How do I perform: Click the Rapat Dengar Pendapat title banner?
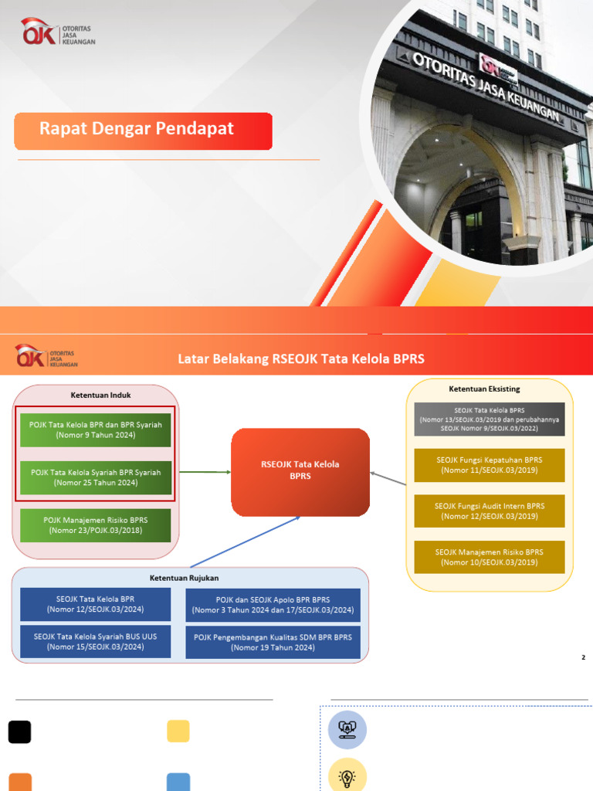click(143, 131)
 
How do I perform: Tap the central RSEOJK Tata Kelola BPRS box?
click(300, 471)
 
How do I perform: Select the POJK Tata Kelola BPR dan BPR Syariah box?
click(95, 430)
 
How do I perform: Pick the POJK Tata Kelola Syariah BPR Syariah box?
click(95, 477)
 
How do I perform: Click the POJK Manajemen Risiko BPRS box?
click(95, 525)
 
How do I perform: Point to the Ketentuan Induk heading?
click(100, 395)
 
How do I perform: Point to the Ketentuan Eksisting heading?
click(490, 389)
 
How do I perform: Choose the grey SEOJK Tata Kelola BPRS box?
click(490, 419)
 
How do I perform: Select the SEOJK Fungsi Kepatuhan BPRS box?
click(490, 465)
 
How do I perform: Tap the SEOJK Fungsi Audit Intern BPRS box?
click(490, 511)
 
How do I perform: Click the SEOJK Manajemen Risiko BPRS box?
click(490, 557)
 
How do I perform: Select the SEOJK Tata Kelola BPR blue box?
click(95, 604)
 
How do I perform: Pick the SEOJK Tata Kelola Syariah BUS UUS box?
click(95, 642)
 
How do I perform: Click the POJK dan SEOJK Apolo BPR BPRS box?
click(273, 605)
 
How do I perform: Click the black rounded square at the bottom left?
click(19, 732)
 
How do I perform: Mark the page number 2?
click(584, 657)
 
